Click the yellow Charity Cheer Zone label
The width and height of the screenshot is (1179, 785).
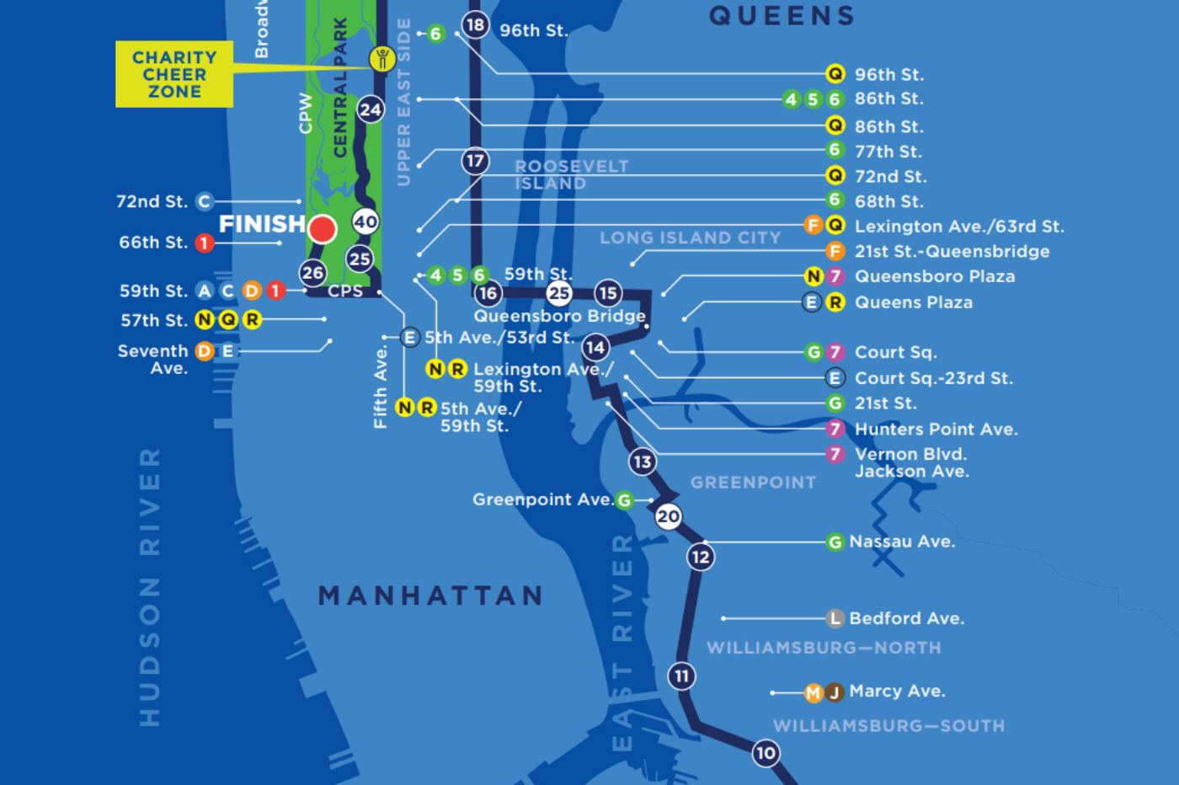click(174, 74)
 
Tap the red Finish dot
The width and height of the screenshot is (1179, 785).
click(323, 228)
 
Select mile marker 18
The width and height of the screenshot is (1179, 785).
click(475, 24)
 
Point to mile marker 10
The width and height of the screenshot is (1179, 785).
click(766, 753)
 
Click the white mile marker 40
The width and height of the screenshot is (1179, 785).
click(365, 222)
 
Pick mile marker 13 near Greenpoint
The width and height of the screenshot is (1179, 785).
click(643, 462)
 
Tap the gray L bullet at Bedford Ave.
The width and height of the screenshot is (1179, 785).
click(835, 619)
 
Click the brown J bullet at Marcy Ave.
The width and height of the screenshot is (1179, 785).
click(835, 692)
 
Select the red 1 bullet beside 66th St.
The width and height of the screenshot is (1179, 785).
click(204, 243)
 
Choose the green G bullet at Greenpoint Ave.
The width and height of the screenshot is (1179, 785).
click(624, 500)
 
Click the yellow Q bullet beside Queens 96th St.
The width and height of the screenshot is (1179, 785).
click(835, 74)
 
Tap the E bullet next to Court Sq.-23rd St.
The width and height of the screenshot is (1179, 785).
click(835, 378)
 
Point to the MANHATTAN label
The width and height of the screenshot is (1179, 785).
click(430, 595)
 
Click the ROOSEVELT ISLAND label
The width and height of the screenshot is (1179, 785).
click(571, 174)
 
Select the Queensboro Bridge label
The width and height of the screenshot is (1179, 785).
click(559, 316)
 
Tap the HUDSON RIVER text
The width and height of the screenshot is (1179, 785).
click(150, 587)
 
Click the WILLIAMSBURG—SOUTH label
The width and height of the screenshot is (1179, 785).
click(888, 726)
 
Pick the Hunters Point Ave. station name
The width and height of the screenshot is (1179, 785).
click(936, 430)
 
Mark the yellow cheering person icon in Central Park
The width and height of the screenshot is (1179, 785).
click(382, 59)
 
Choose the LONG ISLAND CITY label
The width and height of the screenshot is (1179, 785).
click(690, 238)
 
